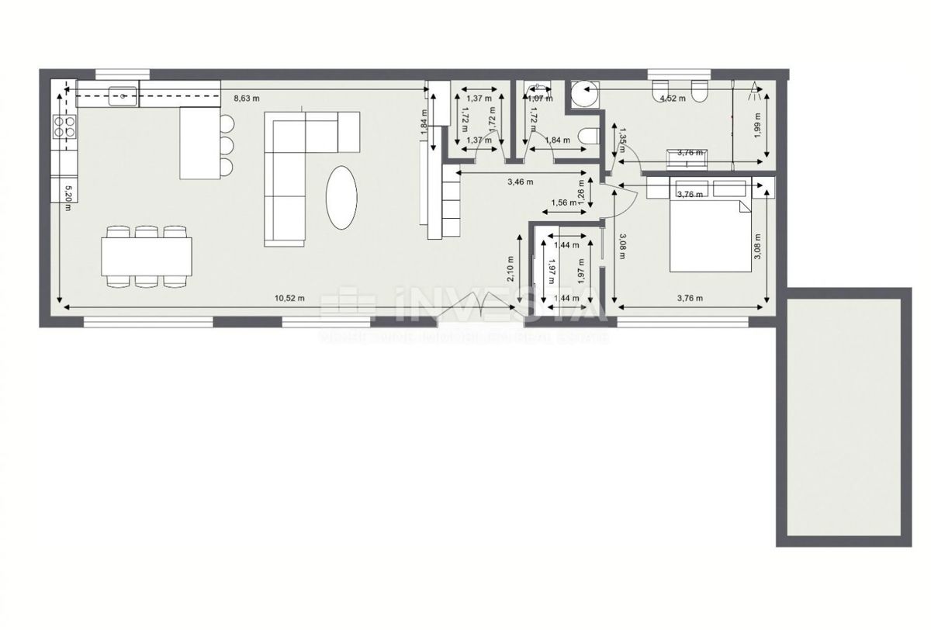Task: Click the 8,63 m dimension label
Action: (x=246, y=99)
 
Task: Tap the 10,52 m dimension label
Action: (x=288, y=298)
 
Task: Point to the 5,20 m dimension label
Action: (x=68, y=193)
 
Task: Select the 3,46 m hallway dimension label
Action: (x=519, y=183)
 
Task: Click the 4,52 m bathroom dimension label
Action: (x=671, y=99)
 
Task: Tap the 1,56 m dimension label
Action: (x=562, y=203)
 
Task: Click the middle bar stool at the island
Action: (x=226, y=144)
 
